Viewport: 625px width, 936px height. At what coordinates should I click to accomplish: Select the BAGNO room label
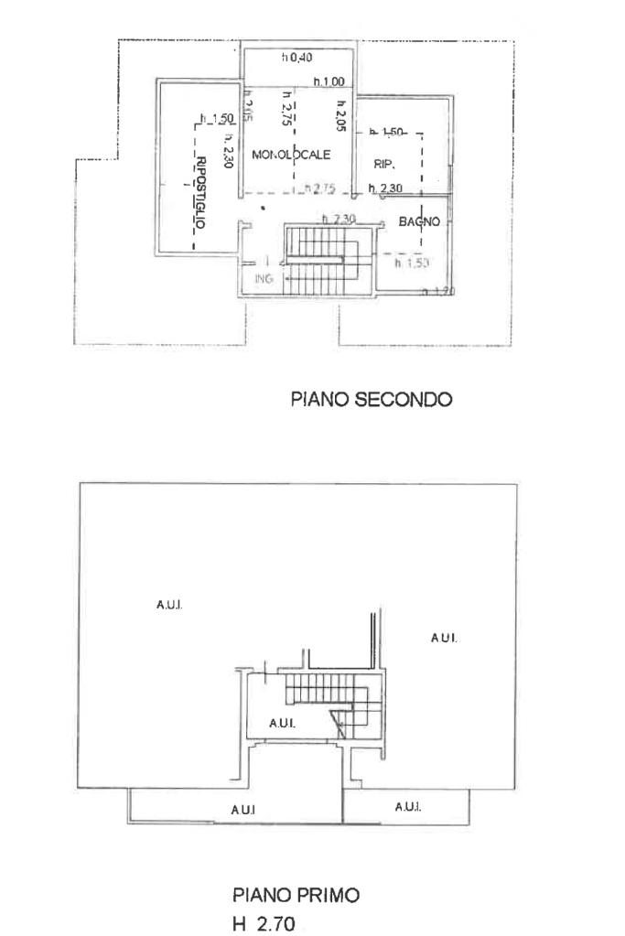[420, 221]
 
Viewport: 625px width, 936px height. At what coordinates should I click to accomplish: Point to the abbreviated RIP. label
[383, 164]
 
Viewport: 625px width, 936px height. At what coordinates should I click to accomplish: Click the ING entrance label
[264, 281]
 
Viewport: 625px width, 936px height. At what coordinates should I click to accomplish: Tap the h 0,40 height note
[297, 58]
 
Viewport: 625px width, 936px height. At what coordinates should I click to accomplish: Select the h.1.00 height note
[328, 82]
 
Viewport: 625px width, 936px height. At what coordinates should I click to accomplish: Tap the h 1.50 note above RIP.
[387, 134]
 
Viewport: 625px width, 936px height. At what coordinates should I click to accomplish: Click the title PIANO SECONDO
[372, 399]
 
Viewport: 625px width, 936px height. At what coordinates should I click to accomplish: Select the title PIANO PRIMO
[296, 897]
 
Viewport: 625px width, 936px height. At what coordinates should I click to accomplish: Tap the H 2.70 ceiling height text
[264, 924]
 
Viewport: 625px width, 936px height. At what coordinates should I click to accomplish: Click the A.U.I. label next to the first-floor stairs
[281, 723]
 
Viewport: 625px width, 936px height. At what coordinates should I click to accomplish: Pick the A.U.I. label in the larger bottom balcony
[243, 810]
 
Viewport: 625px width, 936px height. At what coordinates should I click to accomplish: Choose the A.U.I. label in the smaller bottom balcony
[407, 806]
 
